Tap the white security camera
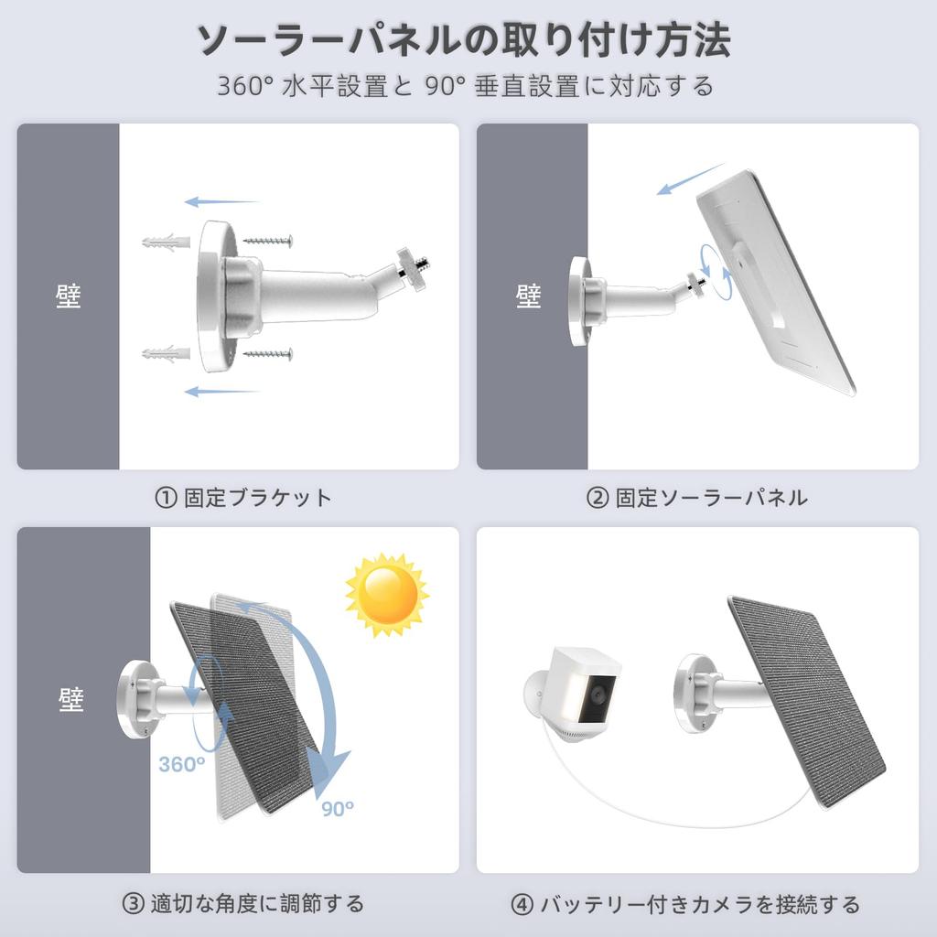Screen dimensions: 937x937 577,695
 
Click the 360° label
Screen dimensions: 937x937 181,764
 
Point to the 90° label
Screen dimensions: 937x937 338,808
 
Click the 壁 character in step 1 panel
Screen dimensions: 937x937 69,296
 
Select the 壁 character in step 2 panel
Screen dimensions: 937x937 529,296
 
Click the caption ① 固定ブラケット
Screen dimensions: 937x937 243,498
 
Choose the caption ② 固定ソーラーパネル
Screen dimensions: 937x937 696,498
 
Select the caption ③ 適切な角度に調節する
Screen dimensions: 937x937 243,904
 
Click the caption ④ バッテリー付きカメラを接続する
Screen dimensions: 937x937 685,904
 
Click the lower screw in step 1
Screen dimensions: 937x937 268,353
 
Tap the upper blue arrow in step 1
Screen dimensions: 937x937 221,201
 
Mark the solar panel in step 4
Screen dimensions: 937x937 805,699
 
